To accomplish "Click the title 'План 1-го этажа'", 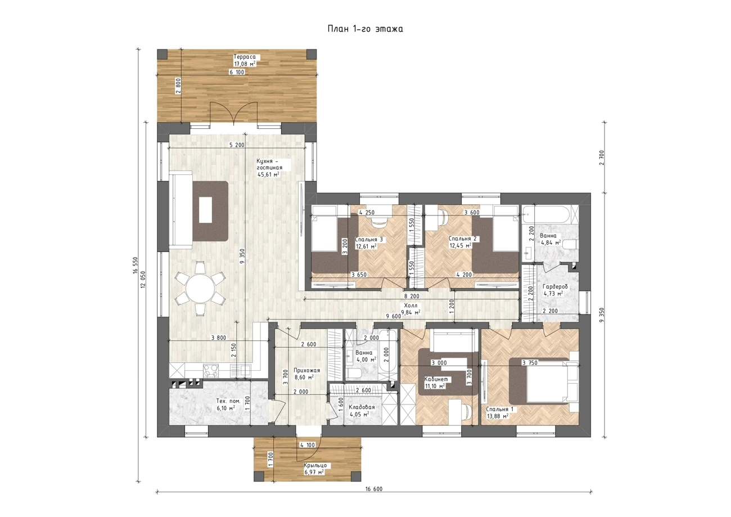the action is pyautogui.click(x=365, y=29).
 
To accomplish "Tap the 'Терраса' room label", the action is pyautogui.click(x=245, y=57).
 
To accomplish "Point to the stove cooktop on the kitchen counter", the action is pyautogui.click(x=211, y=371).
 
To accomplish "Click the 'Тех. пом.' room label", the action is pyautogui.click(x=228, y=401).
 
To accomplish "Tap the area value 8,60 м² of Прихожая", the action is pyautogui.click(x=304, y=377).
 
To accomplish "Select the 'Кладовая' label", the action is pyautogui.click(x=362, y=407).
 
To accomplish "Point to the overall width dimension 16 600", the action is pyautogui.click(x=374, y=498).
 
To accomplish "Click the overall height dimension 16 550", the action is pyautogui.click(x=136, y=266).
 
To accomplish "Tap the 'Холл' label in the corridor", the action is pyautogui.click(x=410, y=305).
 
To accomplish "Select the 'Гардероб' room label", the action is pyautogui.click(x=555, y=286).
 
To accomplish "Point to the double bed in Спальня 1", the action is pyautogui.click(x=544, y=386).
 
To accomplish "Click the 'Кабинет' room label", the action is pyautogui.click(x=437, y=379).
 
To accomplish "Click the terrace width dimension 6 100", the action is pyautogui.click(x=237, y=72).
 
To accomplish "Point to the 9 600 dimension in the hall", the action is pyautogui.click(x=393, y=316).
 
